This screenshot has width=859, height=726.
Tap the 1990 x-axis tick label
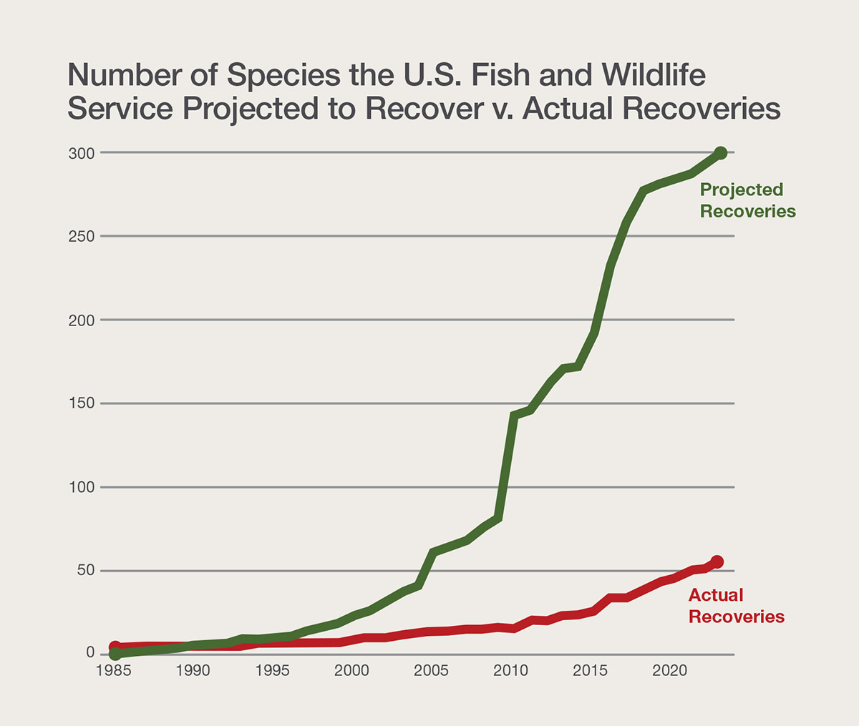coord(193,671)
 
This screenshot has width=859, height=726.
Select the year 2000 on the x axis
coord(352,671)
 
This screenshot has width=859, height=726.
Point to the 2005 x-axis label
coord(432,671)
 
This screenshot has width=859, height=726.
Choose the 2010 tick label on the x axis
coord(511,671)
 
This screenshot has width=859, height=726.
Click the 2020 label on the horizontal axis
coord(670,671)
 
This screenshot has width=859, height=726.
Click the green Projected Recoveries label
coord(747,200)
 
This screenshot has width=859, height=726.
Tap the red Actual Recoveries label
coord(736,606)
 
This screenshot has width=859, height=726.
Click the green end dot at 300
coord(720,153)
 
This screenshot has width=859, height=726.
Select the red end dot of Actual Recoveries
coord(717,562)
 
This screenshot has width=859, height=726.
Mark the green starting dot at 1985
coord(115,654)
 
